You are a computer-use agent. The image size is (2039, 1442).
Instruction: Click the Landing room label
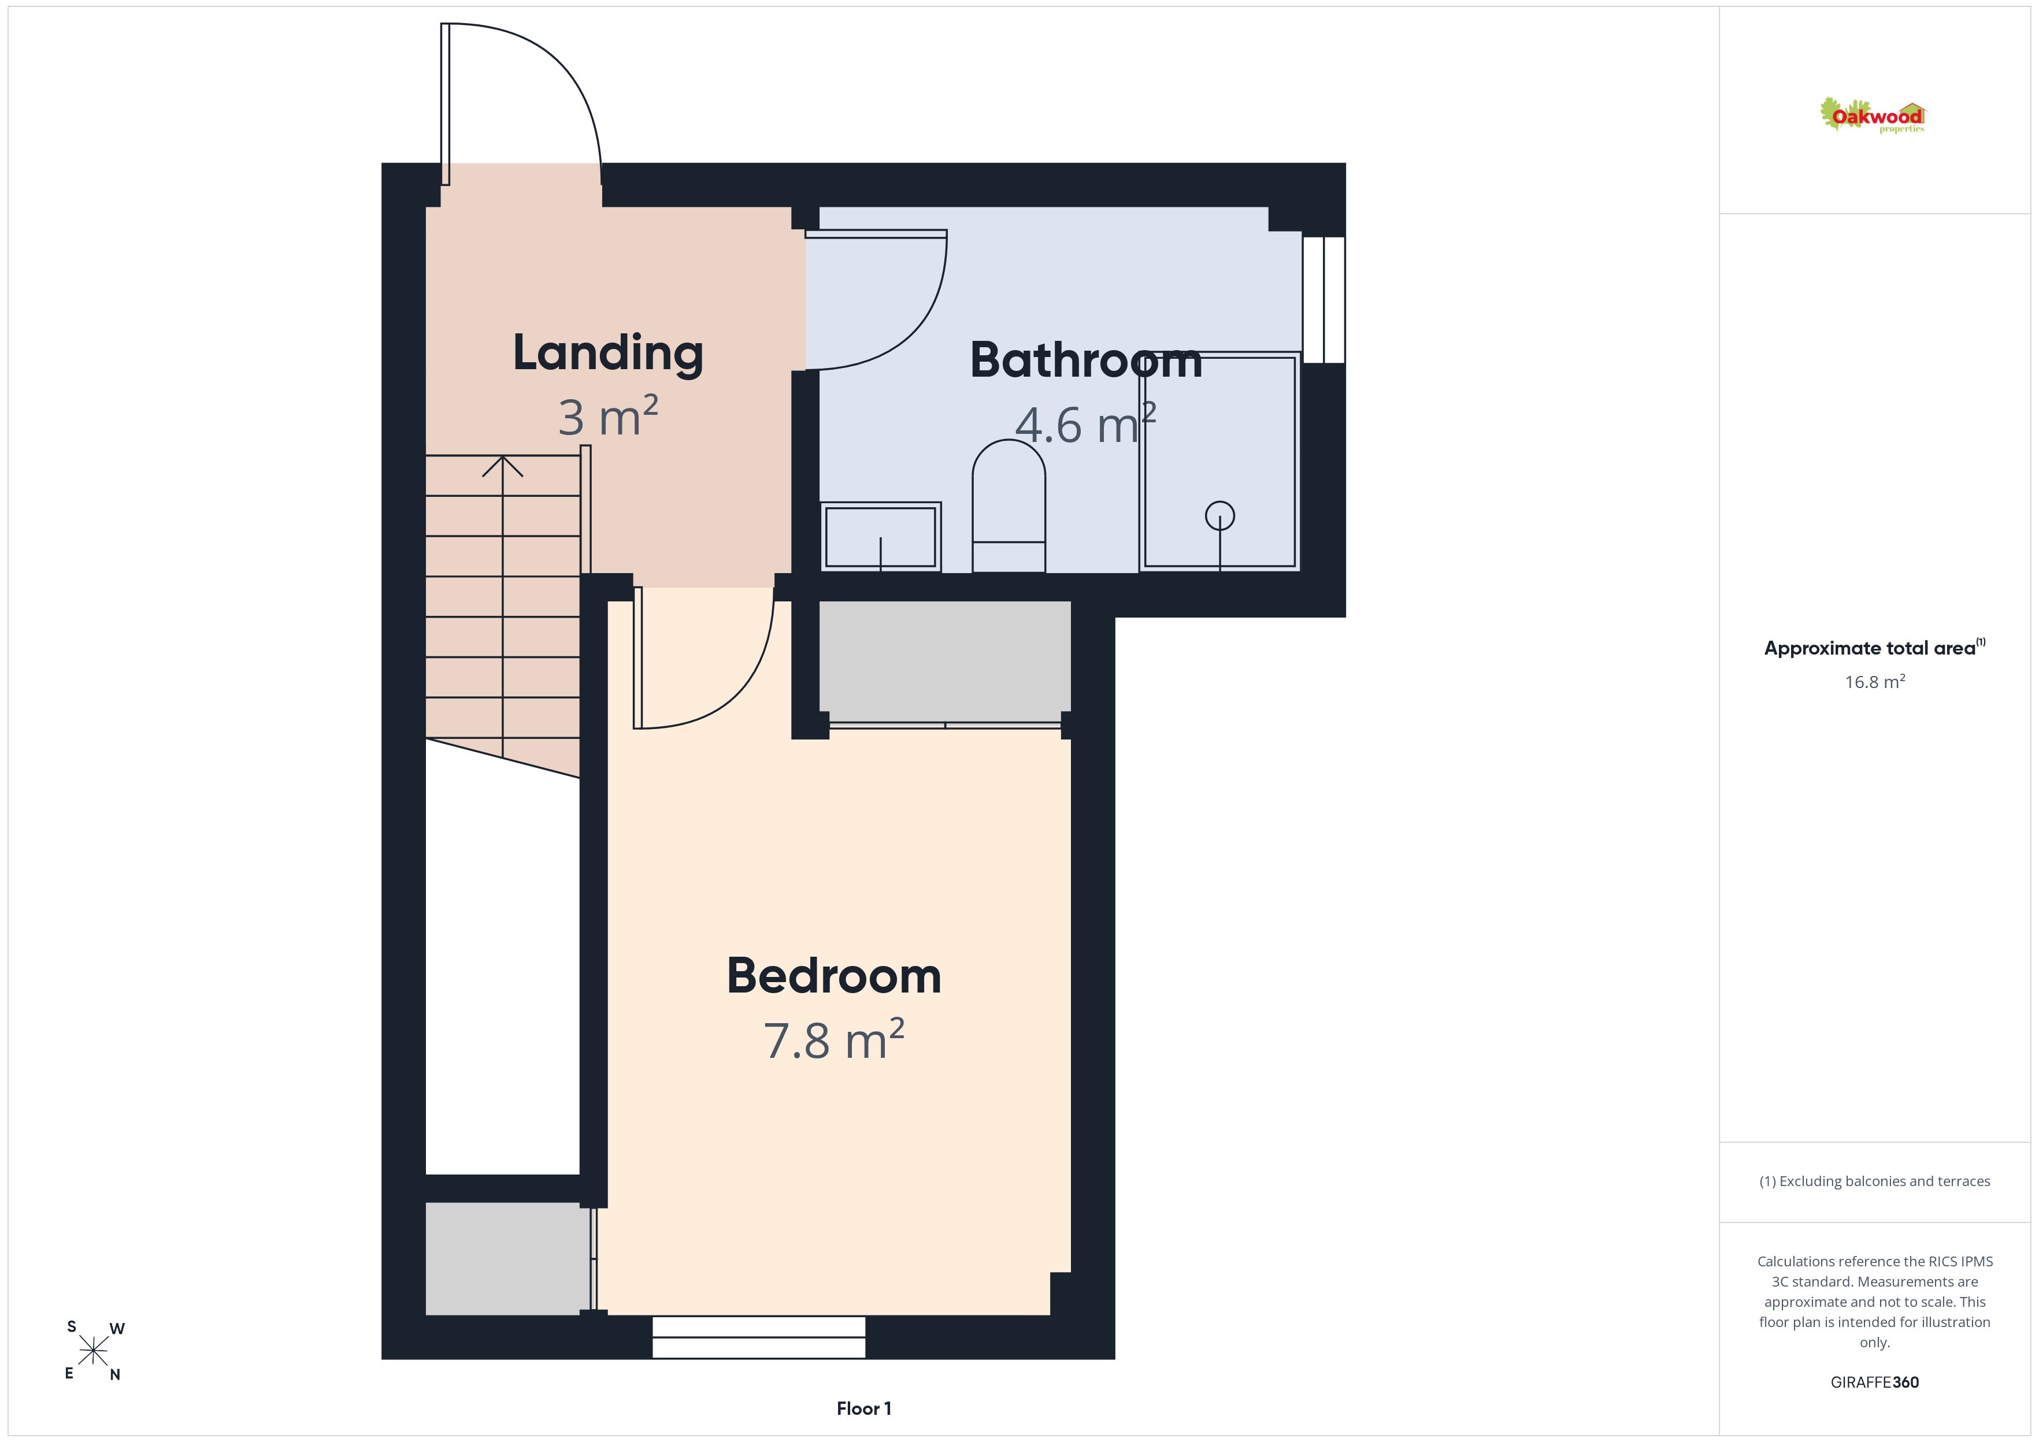(609, 354)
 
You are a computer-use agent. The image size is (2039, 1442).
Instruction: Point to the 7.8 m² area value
(834, 1040)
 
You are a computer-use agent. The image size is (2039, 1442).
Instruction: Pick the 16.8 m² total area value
(1875, 681)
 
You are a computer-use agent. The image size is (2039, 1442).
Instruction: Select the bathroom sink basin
(880, 536)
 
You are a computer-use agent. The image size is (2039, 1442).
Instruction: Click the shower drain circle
(1219, 516)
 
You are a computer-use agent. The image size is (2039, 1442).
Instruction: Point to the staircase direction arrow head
(503, 465)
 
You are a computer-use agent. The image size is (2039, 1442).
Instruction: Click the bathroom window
(1324, 299)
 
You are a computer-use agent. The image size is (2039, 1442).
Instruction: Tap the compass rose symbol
(93, 1351)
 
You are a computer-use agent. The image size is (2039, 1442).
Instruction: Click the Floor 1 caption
(863, 1408)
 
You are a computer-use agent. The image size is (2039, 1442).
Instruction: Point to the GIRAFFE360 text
(1875, 1381)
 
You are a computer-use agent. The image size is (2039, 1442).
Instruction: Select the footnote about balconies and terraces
(1875, 1181)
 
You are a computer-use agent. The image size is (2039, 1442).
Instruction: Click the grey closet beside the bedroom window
(507, 1258)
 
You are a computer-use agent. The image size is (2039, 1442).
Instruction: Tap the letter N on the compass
(114, 1374)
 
